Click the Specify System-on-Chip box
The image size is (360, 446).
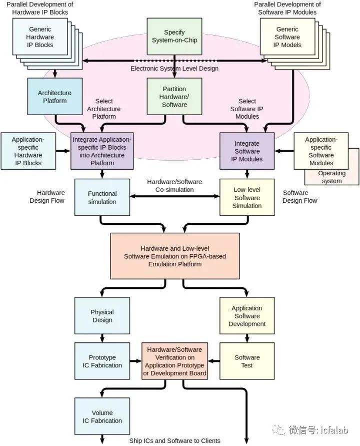pos(174,36)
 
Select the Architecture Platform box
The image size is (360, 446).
pos(54,97)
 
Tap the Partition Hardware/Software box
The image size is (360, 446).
pos(174,97)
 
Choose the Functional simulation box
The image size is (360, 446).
pos(102,197)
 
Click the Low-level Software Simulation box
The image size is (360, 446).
pos(247,197)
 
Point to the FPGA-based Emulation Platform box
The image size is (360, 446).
pos(174,256)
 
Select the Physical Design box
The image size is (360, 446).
pos(102,316)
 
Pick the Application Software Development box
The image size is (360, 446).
pos(247,316)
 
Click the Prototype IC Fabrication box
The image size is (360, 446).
pos(102,361)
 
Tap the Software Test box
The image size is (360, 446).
pos(247,361)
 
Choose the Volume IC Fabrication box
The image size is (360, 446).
pos(102,417)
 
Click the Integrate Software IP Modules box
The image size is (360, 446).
pos(247,151)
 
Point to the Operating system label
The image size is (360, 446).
pos(332,177)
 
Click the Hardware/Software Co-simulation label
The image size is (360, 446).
pos(174,186)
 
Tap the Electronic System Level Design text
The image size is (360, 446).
pos(174,69)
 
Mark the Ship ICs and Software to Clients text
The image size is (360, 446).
pos(174,440)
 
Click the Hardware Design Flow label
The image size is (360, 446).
pos(50,197)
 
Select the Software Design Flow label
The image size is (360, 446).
pos(300,197)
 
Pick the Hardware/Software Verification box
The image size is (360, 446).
pos(174,361)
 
